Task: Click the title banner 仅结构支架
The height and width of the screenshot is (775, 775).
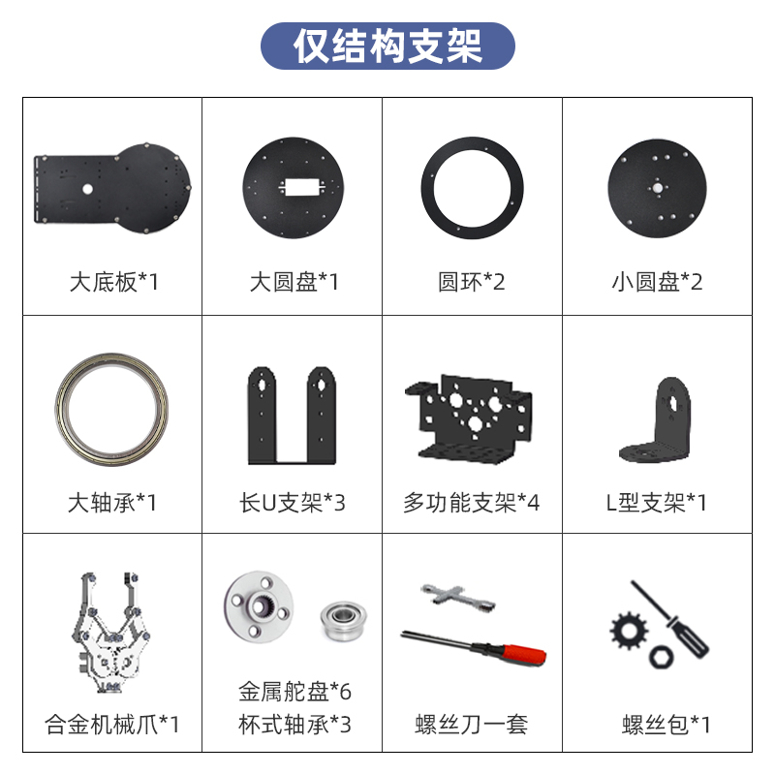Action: pos(387,46)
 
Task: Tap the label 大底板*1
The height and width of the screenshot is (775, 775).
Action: pos(113,282)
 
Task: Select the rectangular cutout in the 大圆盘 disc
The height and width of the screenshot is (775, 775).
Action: pos(293,186)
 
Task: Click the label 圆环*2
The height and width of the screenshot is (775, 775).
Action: pos(472,282)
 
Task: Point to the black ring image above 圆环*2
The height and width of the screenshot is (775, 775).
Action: pos(472,153)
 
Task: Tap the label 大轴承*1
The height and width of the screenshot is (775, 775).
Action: pos(112,503)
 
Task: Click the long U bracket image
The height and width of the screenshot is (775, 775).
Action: pos(292,415)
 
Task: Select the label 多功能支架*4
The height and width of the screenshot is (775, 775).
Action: pos(472,503)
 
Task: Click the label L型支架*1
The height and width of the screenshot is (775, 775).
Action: pos(656,503)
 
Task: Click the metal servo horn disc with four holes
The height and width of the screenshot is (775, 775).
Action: pos(260,606)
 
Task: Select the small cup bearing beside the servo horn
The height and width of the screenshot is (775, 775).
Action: pos(338,615)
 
